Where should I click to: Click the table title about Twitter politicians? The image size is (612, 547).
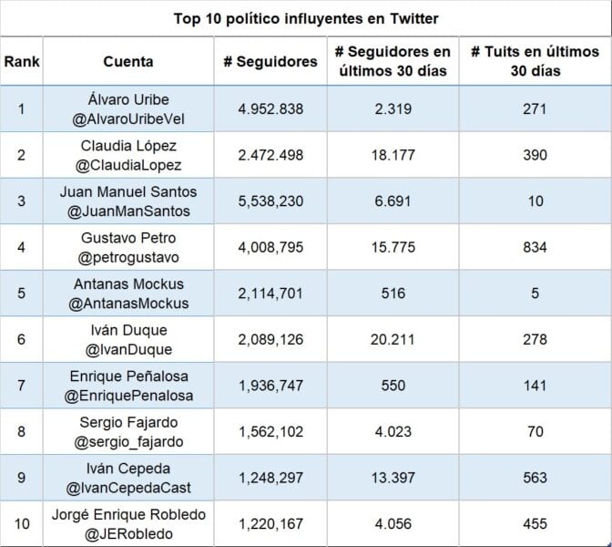(306, 18)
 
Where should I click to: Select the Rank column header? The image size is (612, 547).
(21, 62)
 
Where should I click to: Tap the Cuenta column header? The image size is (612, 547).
(127, 62)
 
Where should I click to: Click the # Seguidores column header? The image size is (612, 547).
(270, 62)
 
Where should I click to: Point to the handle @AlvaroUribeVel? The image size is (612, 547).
(127, 119)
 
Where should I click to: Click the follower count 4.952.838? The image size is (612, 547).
(270, 109)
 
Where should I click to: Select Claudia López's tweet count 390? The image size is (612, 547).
(535, 155)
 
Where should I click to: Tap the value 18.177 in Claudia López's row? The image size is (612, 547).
(393, 155)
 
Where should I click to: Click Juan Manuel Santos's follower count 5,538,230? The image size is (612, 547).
(270, 201)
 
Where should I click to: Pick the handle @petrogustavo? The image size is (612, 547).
(127, 257)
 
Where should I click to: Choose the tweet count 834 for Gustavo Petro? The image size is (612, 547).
(535, 248)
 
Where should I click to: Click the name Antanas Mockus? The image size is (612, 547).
(127, 284)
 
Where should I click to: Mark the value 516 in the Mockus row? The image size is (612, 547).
(393, 294)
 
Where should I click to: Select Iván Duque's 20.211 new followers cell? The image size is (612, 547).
(393, 339)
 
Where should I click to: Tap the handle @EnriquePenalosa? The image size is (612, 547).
(127, 396)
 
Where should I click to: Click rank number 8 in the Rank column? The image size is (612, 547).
(21, 432)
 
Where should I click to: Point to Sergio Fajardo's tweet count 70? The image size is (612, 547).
(535, 432)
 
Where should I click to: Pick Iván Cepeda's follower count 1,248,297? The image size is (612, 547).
(270, 478)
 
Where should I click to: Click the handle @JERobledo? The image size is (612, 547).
(127, 533)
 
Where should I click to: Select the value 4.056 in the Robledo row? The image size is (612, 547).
(393, 524)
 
